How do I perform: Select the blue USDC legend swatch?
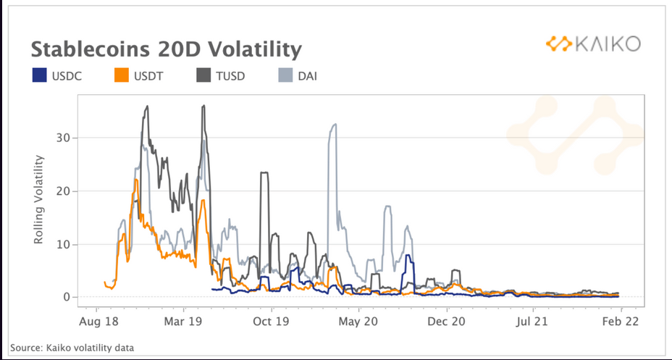click(x=40, y=75)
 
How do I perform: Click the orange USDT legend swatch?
click(x=123, y=75)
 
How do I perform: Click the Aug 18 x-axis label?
click(x=98, y=319)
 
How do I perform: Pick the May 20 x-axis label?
click(x=360, y=319)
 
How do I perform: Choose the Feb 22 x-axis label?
click(x=621, y=319)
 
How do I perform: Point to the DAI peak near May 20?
click(x=334, y=125)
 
